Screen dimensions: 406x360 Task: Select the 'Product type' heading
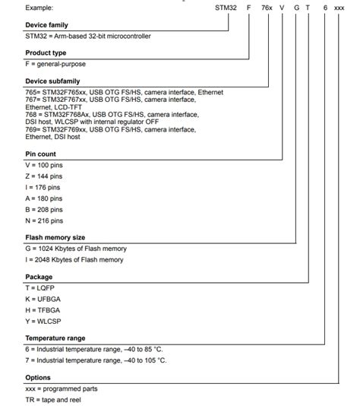coord(48,52)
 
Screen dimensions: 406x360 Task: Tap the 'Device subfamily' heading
coord(55,81)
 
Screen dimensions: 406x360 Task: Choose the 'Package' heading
coord(39,277)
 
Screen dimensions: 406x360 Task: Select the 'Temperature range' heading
coord(55,338)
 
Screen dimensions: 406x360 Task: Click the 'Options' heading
coord(38,377)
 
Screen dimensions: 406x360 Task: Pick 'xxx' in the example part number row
coord(339,7)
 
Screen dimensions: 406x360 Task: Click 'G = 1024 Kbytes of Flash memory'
coord(76,249)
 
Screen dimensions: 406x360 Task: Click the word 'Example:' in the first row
coord(39,7)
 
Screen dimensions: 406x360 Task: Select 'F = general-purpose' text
coord(58,64)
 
